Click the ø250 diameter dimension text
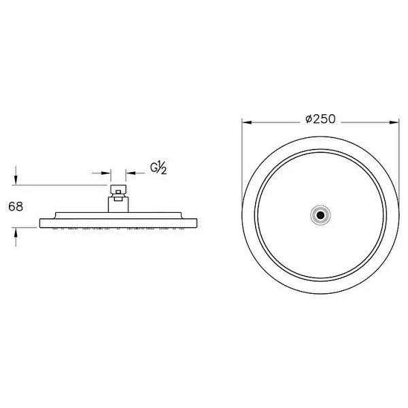(x=320, y=119)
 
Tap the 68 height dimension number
(x=16, y=207)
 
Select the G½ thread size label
(x=158, y=168)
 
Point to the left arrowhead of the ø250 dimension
(x=247, y=122)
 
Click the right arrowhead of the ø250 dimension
(x=394, y=122)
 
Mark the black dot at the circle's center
(x=320, y=215)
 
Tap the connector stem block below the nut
(x=118, y=205)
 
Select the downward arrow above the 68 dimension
(x=16, y=175)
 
